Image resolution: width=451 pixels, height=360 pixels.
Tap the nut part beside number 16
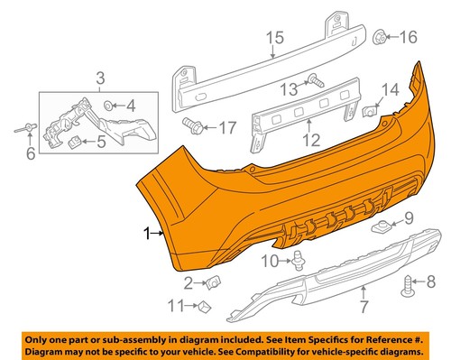pos(380,37)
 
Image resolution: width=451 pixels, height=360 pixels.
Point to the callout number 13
pos(287,88)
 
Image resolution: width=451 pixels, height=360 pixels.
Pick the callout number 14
pos(390,90)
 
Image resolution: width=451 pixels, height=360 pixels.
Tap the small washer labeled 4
pos(109,105)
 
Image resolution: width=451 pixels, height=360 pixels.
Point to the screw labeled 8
pos(409,282)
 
